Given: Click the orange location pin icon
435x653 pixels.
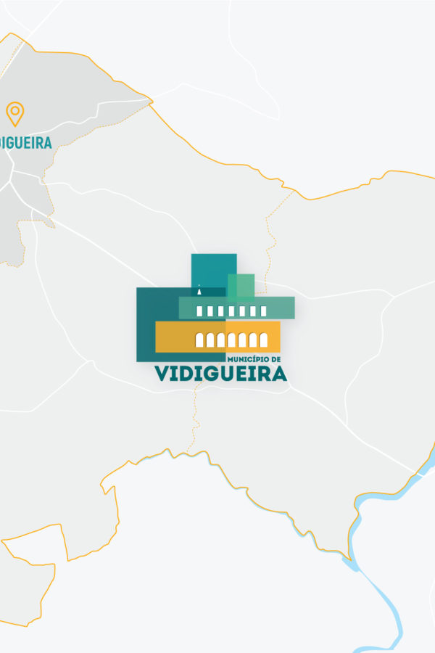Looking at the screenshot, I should click(14, 113).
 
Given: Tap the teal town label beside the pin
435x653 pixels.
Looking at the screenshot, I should click(25, 142).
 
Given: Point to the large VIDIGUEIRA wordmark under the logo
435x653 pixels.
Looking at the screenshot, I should click(220, 374).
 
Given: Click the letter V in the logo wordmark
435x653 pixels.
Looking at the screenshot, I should click(162, 374).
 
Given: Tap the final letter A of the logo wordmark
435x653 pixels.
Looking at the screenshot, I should click(278, 374).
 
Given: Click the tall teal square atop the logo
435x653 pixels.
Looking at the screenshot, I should click(213, 268).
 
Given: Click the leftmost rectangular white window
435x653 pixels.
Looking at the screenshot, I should click(201, 311).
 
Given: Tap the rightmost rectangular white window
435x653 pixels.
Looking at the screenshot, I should click(263, 311).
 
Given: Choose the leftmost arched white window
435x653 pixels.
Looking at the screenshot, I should click(200, 340).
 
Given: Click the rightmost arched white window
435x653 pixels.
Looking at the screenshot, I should click(264, 340).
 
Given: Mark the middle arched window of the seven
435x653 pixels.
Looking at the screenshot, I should click(232, 340).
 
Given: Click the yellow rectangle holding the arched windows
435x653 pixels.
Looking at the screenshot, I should click(174, 337).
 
